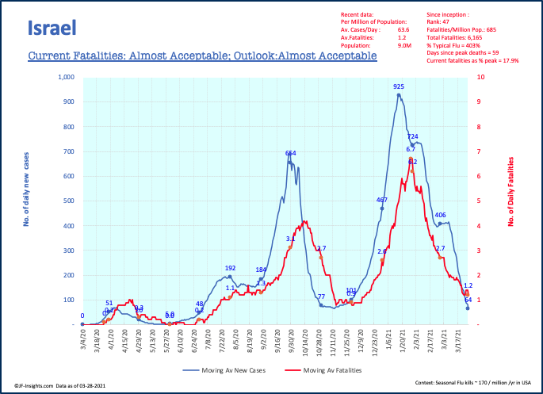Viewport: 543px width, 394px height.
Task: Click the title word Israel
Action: pyautogui.click(x=52, y=29)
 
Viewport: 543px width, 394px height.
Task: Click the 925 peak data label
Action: pyautogui.click(x=399, y=86)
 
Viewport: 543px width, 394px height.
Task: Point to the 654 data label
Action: pyautogui.click(x=291, y=153)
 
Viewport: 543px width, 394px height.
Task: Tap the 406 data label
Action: pyautogui.click(x=440, y=215)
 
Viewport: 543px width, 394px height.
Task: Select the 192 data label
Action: pyautogui.click(x=231, y=268)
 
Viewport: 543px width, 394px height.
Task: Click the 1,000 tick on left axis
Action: pyautogui.click(x=63, y=77)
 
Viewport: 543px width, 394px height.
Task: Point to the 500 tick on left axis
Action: pyautogui.click(x=66, y=201)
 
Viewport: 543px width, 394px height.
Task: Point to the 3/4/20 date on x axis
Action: pyautogui.click(x=82, y=342)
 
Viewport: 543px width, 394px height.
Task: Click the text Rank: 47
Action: pyautogui.click(x=442, y=22)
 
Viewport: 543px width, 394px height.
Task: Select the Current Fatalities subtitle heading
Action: pyautogui.click(x=202, y=57)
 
